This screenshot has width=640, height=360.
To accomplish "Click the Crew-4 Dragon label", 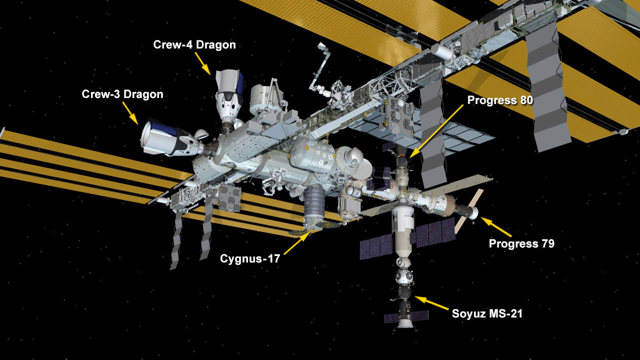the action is coord(194,45).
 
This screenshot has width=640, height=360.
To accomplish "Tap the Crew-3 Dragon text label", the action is coord(122,94).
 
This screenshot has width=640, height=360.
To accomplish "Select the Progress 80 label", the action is coord(500,100).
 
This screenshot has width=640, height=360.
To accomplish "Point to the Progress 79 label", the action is coord(521,243).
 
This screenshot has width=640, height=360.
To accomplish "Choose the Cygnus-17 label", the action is coord(250,259).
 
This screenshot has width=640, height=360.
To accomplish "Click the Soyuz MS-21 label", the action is coord(487,313).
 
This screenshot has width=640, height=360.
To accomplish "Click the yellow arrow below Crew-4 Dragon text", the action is coord(203,63).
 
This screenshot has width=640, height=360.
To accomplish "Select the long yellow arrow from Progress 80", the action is coord(436,131).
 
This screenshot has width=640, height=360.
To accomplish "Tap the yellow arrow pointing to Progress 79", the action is coord(496,227).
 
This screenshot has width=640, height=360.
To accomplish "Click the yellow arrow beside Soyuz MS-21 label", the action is coord(431,303).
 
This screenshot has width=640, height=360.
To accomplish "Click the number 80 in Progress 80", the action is coord(524,100).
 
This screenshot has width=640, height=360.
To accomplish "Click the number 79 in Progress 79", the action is coord(546,243).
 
